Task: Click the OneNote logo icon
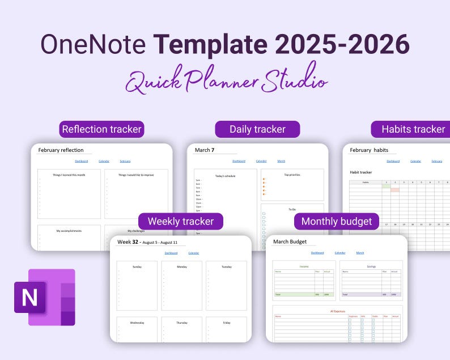coord(45,297)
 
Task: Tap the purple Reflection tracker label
coord(101,129)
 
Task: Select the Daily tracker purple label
coord(257,129)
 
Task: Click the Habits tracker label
coord(413,129)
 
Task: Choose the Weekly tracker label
coord(181,221)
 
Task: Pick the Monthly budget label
coord(337,221)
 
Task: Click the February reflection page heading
coord(61,150)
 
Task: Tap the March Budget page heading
coord(290,242)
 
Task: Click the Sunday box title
coord(137,266)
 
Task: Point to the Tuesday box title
coord(226,266)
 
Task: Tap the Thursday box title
coord(181,323)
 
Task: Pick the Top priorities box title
coord(292,175)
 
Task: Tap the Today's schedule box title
coord(226,176)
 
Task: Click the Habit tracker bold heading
coord(361,172)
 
